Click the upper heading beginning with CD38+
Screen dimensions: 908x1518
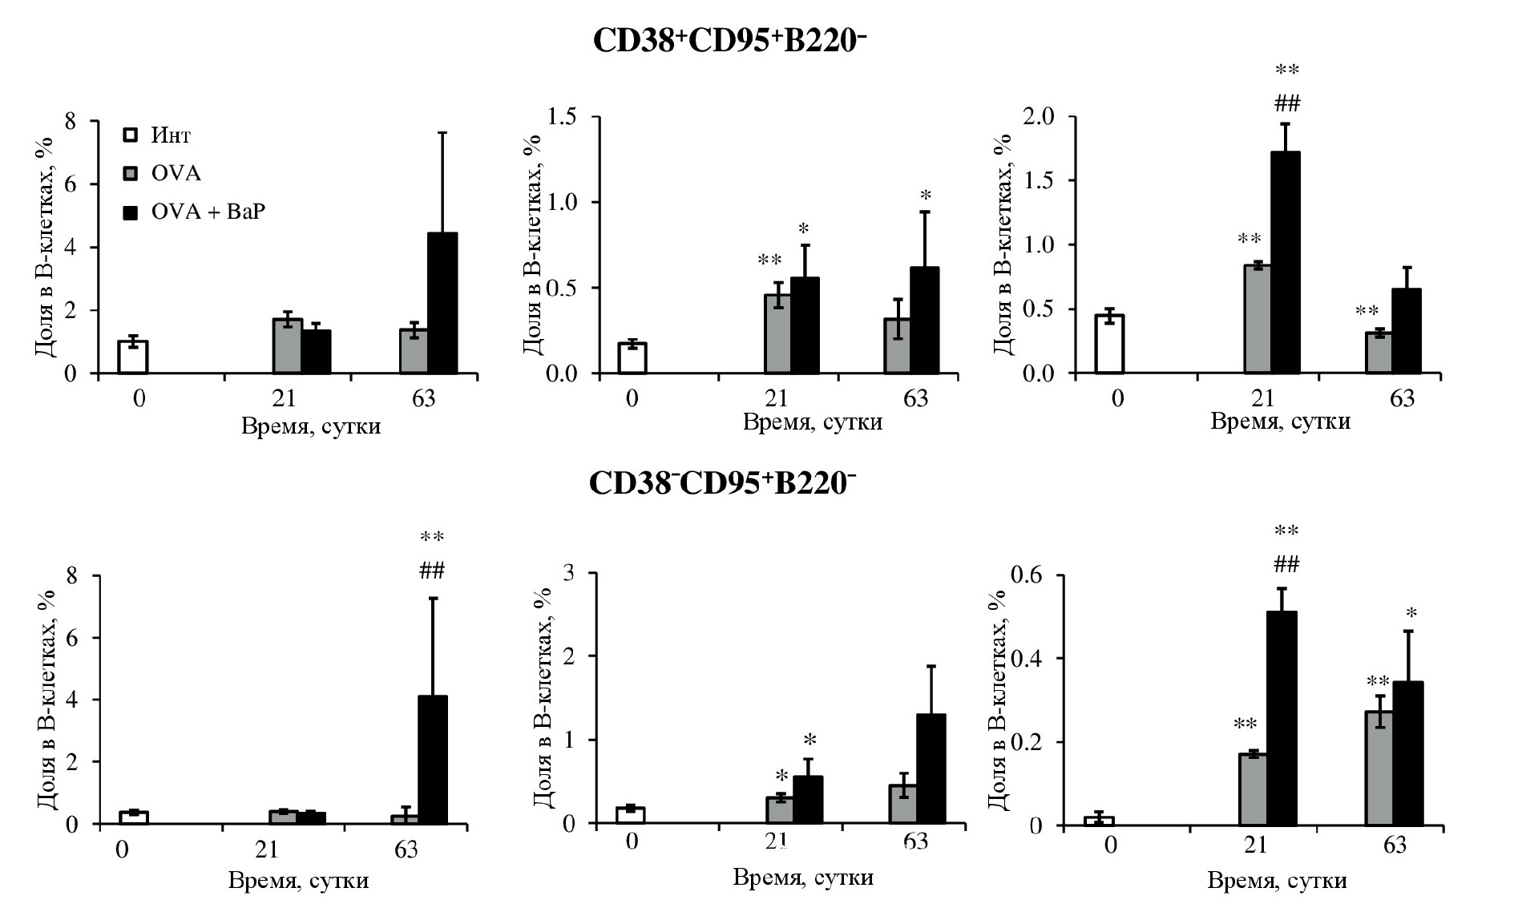point(729,40)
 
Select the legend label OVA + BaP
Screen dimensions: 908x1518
point(208,212)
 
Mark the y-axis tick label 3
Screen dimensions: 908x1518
point(572,573)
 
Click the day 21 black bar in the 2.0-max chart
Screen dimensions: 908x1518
point(1286,263)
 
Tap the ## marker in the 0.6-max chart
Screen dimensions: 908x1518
point(1286,566)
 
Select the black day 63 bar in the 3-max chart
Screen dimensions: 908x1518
point(931,769)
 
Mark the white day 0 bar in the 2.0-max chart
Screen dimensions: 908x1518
point(1109,344)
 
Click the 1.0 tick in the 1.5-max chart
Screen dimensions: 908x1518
point(561,202)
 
